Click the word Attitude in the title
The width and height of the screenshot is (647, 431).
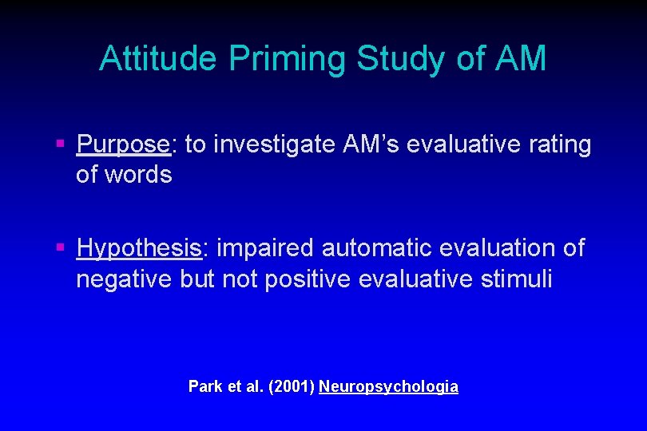pos(157,58)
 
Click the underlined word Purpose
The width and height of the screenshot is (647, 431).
pos(124,144)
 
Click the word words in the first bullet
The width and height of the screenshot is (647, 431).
pos(141,174)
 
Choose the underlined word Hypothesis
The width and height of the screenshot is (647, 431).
pos(138,248)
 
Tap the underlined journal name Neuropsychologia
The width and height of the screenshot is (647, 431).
pos(388,386)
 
